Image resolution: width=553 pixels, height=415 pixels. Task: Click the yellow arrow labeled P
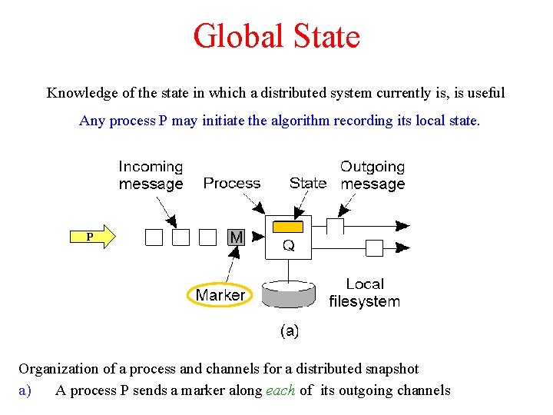(x=94, y=236)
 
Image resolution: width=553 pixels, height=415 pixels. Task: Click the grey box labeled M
(x=236, y=237)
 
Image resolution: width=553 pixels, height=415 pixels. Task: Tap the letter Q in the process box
(x=288, y=246)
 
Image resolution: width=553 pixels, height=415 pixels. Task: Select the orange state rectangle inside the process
(x=288, y=227)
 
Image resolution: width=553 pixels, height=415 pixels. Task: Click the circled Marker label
(x=220, y=295)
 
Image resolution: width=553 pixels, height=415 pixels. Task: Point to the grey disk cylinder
(x=288, y=294)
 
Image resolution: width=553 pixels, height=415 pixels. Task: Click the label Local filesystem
(x=365, y=293)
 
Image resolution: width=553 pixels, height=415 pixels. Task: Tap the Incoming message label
(x=151, y=175)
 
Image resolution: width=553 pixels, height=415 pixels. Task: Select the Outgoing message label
(x=373, y=175)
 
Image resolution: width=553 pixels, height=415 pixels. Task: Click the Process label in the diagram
(x=231, y=183)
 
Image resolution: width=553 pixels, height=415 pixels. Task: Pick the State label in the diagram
(x=307, y=183)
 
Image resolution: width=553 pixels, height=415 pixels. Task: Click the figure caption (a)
(x=289, y=330)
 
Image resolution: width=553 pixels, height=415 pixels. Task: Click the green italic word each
(x=280, y=390)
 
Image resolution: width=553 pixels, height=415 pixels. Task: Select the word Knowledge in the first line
(x=81, y=93)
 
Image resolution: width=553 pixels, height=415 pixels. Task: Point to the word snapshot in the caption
(x=390, y=369)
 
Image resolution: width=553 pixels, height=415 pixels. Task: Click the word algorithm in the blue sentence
(x=298, y=121)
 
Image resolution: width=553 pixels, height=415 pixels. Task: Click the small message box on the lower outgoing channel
(x=374, y=247)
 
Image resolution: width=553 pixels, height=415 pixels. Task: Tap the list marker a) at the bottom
(x=25, y=390)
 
